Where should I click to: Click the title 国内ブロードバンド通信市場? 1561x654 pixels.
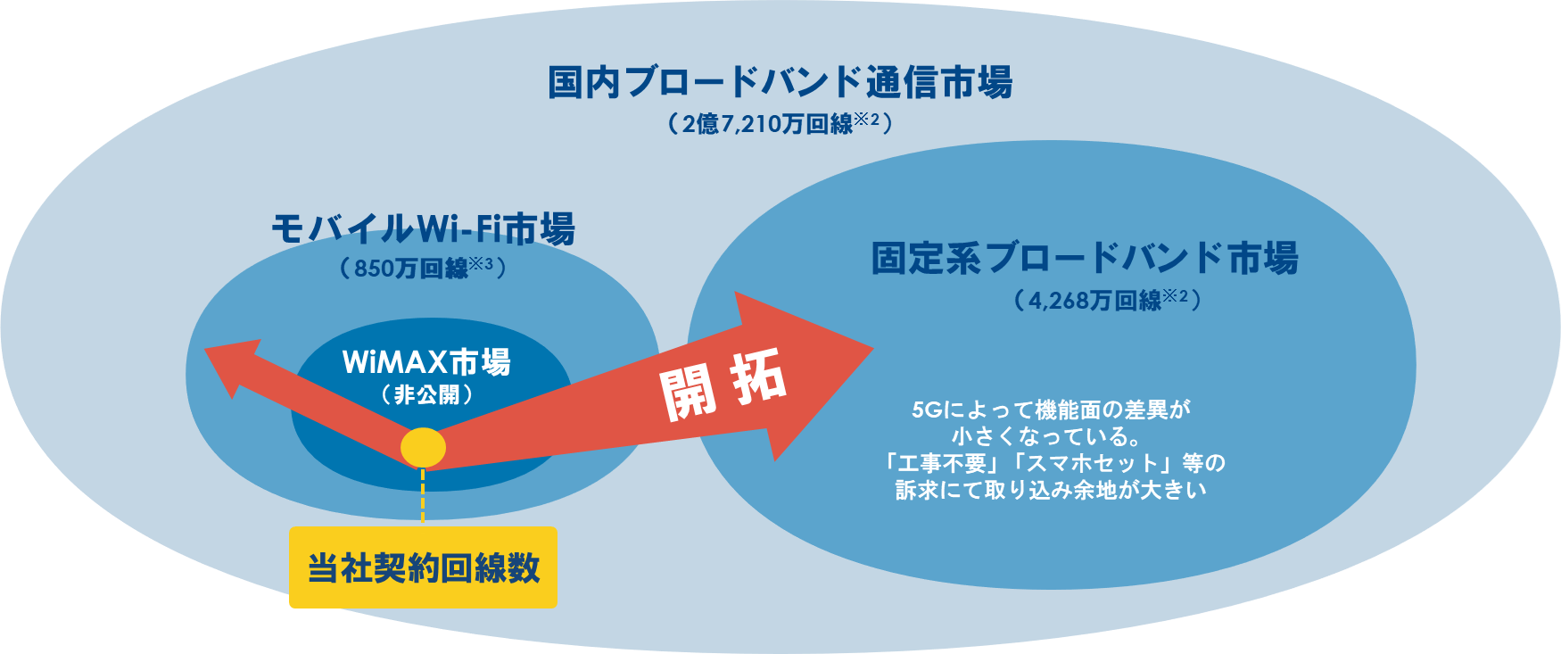[x=780, y=82]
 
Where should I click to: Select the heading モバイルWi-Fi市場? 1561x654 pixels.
[x=423, y=229]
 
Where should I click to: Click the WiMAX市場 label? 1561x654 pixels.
[x=426, y=362]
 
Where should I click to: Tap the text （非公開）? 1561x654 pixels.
[x=426, y=394]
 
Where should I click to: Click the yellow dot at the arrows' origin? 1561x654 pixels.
[x=423, y=448]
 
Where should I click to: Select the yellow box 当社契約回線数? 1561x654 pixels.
[x=423, y=567]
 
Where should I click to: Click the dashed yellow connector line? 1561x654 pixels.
[x=423, y=496]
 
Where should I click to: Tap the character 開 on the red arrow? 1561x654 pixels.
[x=689, y=393]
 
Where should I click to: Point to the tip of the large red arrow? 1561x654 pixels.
[x=872, y=348]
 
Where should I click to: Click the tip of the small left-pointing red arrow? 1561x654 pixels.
[x=205, y=349]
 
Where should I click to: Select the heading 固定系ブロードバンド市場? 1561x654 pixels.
[x=1085, y=258]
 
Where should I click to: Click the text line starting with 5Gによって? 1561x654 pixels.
[x=1052, y=410]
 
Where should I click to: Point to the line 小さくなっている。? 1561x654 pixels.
[x=1047, y=436]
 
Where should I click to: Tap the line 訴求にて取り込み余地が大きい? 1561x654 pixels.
[x=1051, y=490]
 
